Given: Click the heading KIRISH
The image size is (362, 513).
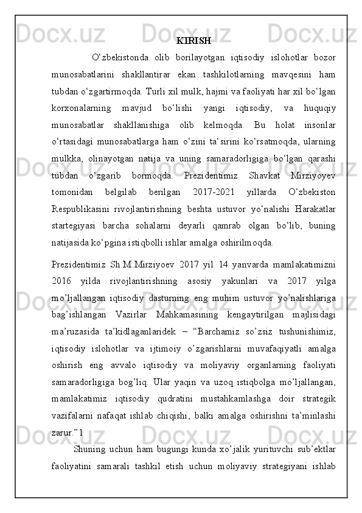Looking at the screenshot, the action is click(x=193, y=41).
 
